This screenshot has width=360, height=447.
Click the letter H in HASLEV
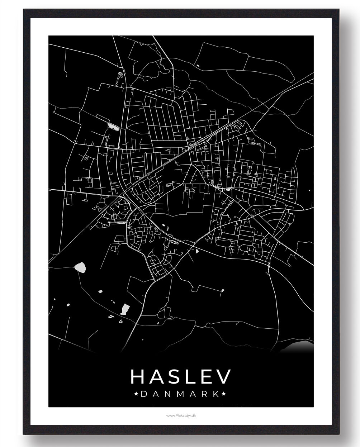pyautogui.click(x=137, y=376)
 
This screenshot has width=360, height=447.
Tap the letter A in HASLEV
pyautogui.click(x=157, y=376)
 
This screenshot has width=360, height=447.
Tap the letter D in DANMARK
pyautogui.click(x=144, y=394)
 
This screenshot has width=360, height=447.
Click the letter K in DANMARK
pyautogui.click(x=216, y=394)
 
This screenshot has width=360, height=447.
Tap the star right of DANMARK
pyautogui.click(x=224, y=394)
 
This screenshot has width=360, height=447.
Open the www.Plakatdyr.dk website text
pyautogui.click(x=180, y=415)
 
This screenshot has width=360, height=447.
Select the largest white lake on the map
pyautogui.click(x=80, y=267)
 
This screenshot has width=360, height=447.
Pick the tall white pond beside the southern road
pyautogui.click(x=125, y=308)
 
